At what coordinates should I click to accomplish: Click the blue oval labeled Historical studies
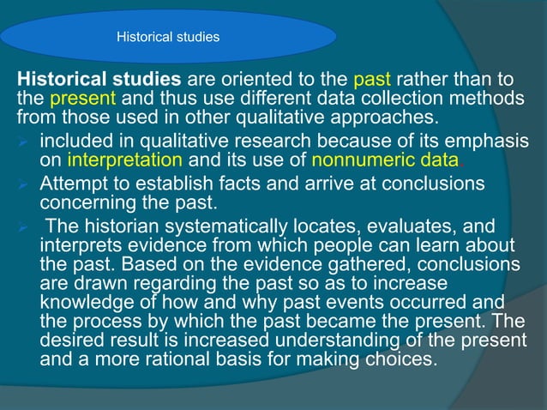(168, 37)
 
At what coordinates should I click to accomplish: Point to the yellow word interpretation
(124, 160)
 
